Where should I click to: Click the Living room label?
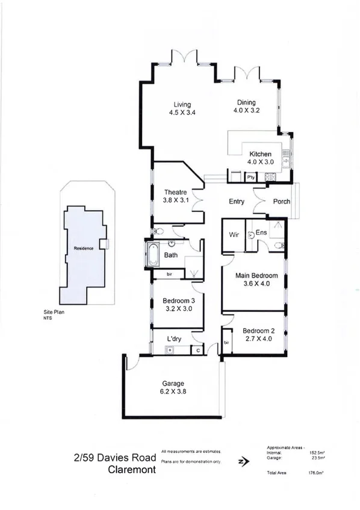pos(182,104)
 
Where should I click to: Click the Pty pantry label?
pos(252,178)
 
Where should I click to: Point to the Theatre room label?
pos(176,192)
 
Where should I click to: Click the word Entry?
pos(236,202)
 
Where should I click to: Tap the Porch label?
pos(282,202)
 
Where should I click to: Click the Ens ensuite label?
pos(261,232)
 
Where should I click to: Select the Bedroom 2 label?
pos(260,331)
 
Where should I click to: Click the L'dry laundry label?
pos(175,339)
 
